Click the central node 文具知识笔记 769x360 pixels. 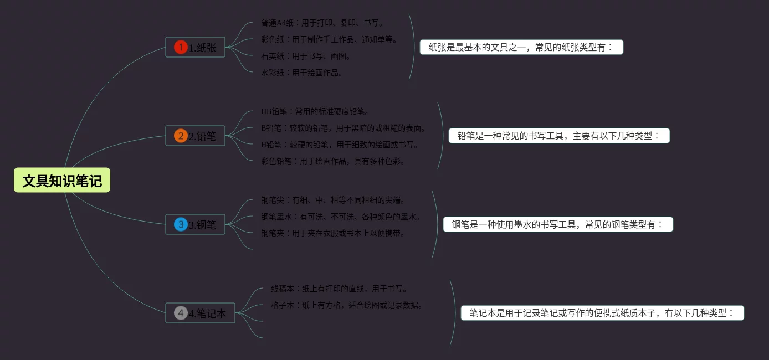click(62, 181)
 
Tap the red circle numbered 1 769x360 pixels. click(181, 47)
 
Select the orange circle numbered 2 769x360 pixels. click(181, 136)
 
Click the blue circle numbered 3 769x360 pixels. click(181, 224)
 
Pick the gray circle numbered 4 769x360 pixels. click(181, 313)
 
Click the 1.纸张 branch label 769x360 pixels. click(203, 48)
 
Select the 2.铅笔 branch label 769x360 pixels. click(203, 136)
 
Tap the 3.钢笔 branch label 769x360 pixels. click(203, 225)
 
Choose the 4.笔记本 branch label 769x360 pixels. click(208, 313)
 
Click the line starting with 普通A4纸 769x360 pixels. click(322, 23)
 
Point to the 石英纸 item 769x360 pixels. click(306, 56)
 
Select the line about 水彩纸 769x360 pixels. click(302, 73)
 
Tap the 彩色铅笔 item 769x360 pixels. click(333, 161)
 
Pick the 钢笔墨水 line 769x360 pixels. click(340, 217)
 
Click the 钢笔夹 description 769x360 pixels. click(333, 233)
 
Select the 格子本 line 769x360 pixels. click(347, 305)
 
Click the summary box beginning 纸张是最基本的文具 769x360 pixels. click(521, 47)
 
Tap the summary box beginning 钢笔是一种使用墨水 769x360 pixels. click(558, 224)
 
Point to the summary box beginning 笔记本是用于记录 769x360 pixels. click(602, 313)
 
